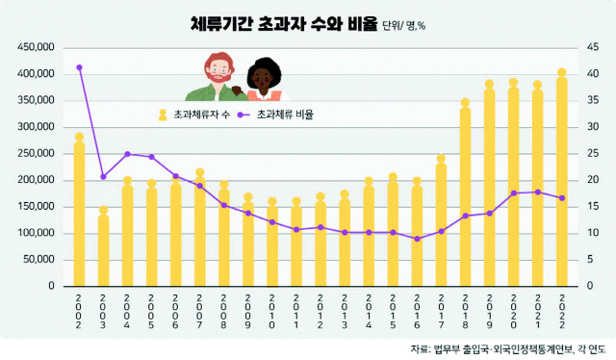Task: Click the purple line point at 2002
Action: (x=79, y=67)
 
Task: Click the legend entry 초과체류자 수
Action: (x=196, y=114)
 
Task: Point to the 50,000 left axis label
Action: (x=36, y=260)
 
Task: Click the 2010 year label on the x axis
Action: (x=272, y=312)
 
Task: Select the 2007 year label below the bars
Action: (x=200, y=312)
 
